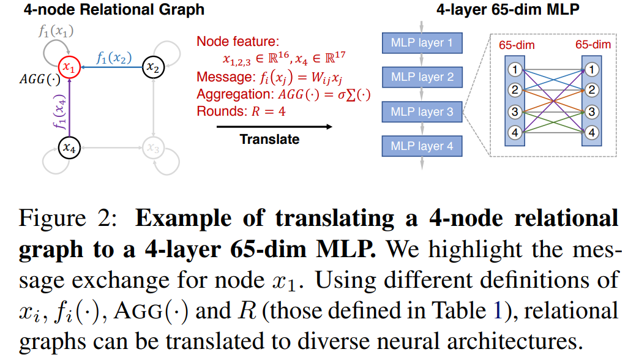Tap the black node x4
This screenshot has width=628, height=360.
pyautogui.click(x=69, y=147)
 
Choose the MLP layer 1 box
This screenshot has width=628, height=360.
pyautogui.click(x=421, y=43)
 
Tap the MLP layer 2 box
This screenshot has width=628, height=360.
pyautogui.click(x=421, y=77)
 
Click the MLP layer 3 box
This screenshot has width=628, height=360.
pyautogui.click(x=421, y=112)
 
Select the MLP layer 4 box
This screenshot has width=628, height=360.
pyautogui.click(x=421, y=146)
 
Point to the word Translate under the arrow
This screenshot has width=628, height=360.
pyautogui.click(x=269, y=139)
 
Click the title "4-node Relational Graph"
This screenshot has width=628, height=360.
pyautogui.click(x=104, y=9)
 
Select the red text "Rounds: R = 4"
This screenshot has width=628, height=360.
pyautogui.click(x=241, y=112)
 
